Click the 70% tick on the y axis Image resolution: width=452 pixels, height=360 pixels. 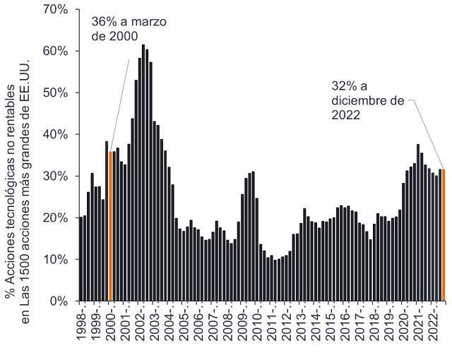54,10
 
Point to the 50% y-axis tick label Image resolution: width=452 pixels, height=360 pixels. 54,93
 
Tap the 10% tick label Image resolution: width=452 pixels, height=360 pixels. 54,260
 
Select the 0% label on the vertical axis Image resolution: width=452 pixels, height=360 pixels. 57,301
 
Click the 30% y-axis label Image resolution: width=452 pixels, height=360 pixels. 54,176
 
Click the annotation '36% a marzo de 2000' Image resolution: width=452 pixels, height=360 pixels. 129,28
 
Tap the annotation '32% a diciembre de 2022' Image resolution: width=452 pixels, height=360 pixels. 367,101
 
